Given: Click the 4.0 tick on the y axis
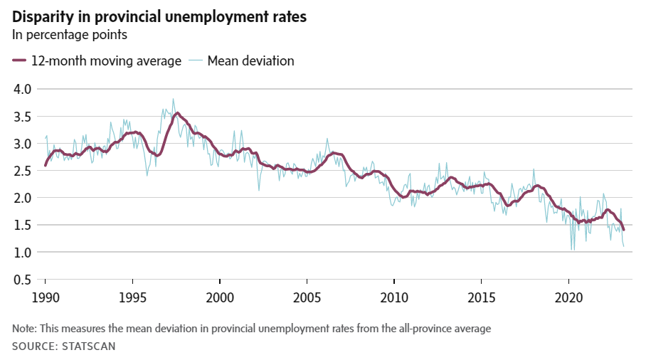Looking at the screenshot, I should (x=22, y=89).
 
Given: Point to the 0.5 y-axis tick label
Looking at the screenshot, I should (x=22, y=280).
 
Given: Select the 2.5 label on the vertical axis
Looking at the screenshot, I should (x=22, y=171).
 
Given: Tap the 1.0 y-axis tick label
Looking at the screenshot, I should (x=22, y=253).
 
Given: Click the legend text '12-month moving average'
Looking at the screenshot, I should (x=106, y=61).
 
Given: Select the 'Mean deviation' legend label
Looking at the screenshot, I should (x=250, y=61).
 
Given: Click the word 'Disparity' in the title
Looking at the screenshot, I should (x=41, y=16).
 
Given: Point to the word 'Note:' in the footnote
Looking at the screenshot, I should (x=26, y=329).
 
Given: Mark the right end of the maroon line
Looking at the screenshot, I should (x=624, y=229).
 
